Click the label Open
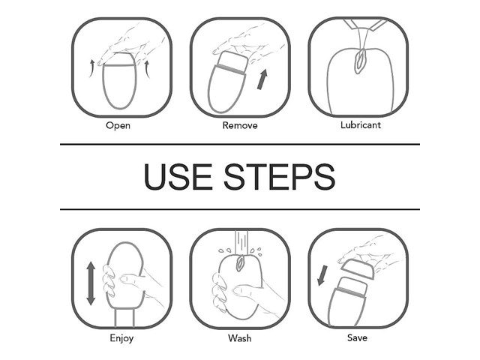click(118, 125)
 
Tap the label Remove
click(240, 125)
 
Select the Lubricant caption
click(361, 125)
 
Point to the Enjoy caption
click(121, 338)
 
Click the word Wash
click(240, 338)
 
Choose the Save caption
click(357, 338)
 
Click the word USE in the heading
click(178, 177)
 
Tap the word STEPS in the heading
click(280, 177)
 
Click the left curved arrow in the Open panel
click(91, 68)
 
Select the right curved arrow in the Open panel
click(147, 69)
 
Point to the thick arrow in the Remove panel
click(262, 79)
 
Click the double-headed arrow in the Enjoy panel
click(91, 283)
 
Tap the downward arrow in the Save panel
click(322, 275)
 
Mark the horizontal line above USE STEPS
click(240, 144)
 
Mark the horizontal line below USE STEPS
click(240, 209)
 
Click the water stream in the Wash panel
click(241, 241)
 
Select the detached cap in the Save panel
click(358, 268)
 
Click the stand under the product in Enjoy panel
click(124, 317)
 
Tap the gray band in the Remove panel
click(232, 69)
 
